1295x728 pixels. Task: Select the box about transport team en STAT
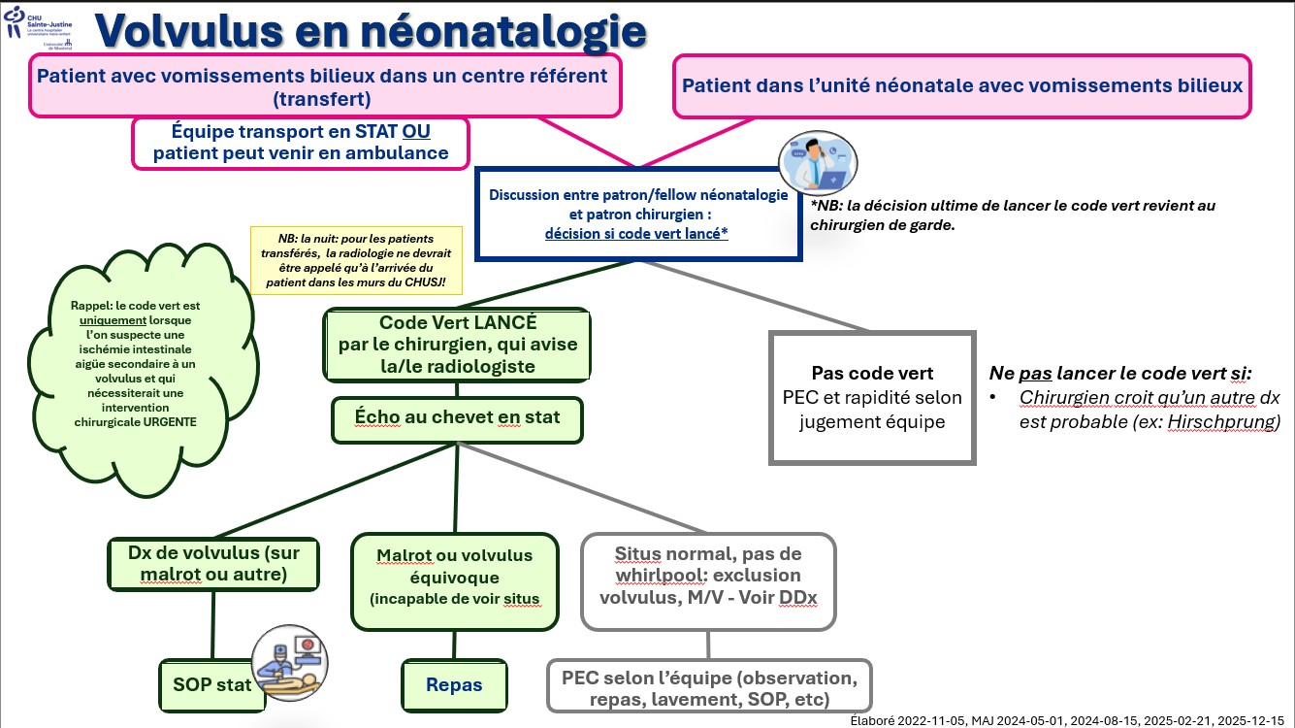point(301,142)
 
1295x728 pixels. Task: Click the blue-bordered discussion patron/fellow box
point(638,214)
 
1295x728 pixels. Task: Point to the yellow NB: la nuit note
point(356,260)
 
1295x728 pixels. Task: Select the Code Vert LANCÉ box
point(457,345)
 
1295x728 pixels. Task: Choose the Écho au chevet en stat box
point(457,418)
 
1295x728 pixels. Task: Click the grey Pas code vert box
point(872,398)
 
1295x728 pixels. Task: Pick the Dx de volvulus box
point(213,563)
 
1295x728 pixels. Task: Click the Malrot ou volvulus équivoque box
point(455,580)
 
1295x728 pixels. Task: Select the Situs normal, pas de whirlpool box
point(708,580)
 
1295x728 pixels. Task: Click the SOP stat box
point(207,684)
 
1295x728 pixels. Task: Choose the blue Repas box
point(454,684)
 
